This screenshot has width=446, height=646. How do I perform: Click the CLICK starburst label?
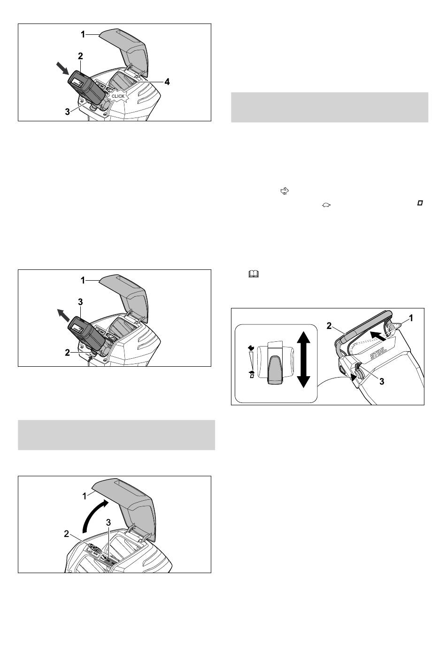pyautogui.click(x=118, y=96)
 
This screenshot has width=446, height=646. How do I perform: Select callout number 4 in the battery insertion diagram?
pyautogui.click(x=167, y=82)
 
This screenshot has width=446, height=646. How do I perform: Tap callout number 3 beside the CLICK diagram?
pyautogui.click(x=68, y=111)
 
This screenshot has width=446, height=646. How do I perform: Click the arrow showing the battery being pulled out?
pyautogui.click(x=63, y=315)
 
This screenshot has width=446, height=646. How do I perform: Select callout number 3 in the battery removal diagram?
pyautogui.click(x=80, y=302)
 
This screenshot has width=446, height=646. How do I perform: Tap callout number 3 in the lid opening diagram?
pyautogui.click(x=108, y=522)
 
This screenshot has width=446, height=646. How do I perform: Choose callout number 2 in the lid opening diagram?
pyautogui.click(x=67, y=534)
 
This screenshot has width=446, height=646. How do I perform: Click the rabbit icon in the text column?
pyautogui.click(x=284, y=191)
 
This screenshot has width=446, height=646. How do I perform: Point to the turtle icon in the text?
pyautogui.click(x=326, y=205)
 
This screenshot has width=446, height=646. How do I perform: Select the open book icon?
pyautogui.click(x=254, y=274)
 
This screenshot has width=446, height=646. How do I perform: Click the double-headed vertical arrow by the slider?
pyautogui.click(x=303, y=360)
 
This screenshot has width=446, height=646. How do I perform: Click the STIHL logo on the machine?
pyautogui.click(x=378, y=353)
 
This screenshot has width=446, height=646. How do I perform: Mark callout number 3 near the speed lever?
pyautogui.click(x=382, y=382)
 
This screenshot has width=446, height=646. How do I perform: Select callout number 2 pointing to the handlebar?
pyautogui.click(x=329, y=326)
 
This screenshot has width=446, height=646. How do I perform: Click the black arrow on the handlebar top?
pyautogui.click(x=378, y=335)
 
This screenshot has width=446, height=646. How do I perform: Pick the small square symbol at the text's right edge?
pyautogui.click(x=420, y=203)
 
